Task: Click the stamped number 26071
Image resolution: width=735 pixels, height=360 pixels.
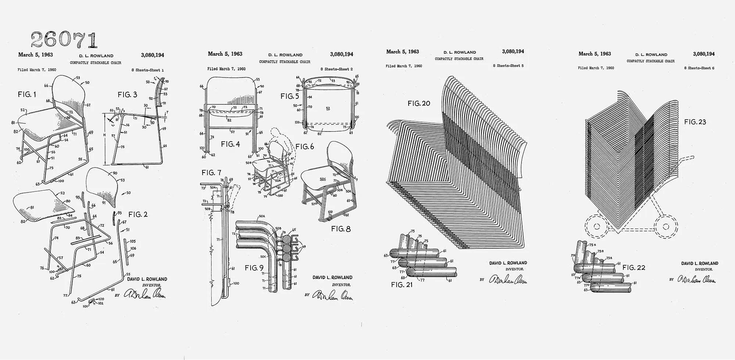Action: click(x=64, y=39)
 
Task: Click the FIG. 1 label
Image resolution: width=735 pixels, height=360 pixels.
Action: click(x=27, y=95)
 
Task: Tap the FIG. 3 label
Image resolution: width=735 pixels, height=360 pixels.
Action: click(x=128, y=95)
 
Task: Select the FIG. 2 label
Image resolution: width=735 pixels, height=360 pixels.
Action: click(x=138, y=215)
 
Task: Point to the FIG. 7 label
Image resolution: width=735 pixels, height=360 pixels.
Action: click(x=211, y=173)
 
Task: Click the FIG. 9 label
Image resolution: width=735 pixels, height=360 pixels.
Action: click(x=254, y=268)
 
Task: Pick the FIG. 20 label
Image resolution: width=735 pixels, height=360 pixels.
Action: click(x=419, y=104)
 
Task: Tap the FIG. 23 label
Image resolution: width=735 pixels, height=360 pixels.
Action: click(x=695, y=122)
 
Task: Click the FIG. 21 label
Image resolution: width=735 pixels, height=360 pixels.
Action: click(x=402, y=285)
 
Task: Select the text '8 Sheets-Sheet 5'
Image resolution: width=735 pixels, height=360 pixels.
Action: click(x=508, y=66)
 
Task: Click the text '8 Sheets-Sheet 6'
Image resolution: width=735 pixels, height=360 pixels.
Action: click(x=699, y=68)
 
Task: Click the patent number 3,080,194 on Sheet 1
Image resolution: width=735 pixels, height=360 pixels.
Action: click(x=153, y=55)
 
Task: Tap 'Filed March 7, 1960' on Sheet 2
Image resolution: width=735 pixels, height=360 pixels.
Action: click(x=226, y=69)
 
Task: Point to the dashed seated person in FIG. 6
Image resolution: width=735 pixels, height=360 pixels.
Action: click(x=279, y=137)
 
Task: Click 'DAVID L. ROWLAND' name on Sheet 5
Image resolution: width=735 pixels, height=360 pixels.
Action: click(x=508, y=263)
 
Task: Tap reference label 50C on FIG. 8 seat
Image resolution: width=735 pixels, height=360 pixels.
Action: click(x=323, y=179)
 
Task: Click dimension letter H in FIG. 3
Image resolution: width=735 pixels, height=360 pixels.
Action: click(x=104, y=136)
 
